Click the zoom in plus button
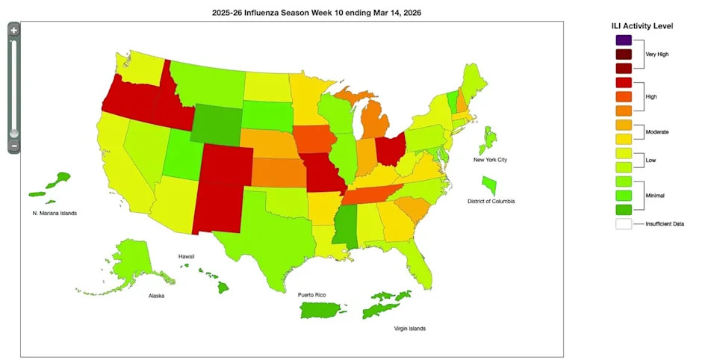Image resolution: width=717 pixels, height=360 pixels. click(x=14, y=31)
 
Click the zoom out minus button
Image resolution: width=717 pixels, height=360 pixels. click(x=14, y=146)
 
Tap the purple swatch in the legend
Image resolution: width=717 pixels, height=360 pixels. click(x=624, y=40)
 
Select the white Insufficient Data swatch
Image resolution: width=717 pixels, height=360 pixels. click(x=624, y=223)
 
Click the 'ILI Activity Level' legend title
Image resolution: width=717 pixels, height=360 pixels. click(x=642, y=25)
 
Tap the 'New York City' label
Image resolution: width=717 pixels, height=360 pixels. click(x=490, y=160)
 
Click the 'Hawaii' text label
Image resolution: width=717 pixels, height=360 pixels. click(x=186, y=256)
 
